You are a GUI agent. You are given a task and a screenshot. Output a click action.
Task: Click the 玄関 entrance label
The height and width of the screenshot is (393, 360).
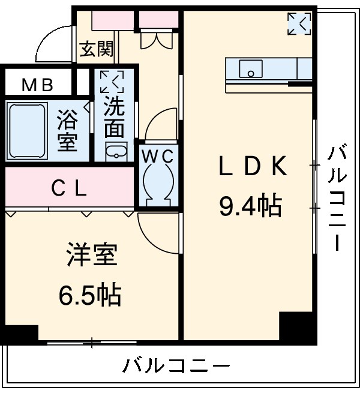(97, 49)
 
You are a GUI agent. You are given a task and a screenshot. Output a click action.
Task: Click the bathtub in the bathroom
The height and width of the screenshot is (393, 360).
(26, 131)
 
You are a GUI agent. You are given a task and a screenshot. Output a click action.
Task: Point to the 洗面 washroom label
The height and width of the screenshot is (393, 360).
(114, 116)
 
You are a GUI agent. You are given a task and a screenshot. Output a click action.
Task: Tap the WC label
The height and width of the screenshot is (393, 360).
(157, 156)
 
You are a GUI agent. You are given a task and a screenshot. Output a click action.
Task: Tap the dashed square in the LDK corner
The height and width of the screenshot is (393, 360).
(299, 25)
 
